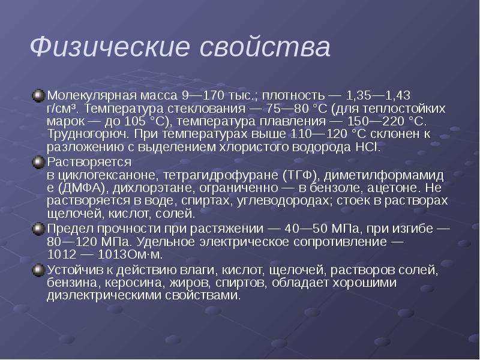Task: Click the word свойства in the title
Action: click(265, 47)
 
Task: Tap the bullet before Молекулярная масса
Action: click(38, 95)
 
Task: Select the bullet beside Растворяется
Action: click(38, 162)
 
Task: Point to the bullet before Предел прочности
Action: click(38, 229)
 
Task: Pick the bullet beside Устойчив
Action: click(38, 271)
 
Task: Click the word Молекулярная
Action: click(92, 96)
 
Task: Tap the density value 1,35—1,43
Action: click(378, 96)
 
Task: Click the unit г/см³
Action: click(62, 109)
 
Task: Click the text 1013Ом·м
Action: click(130, 254)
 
